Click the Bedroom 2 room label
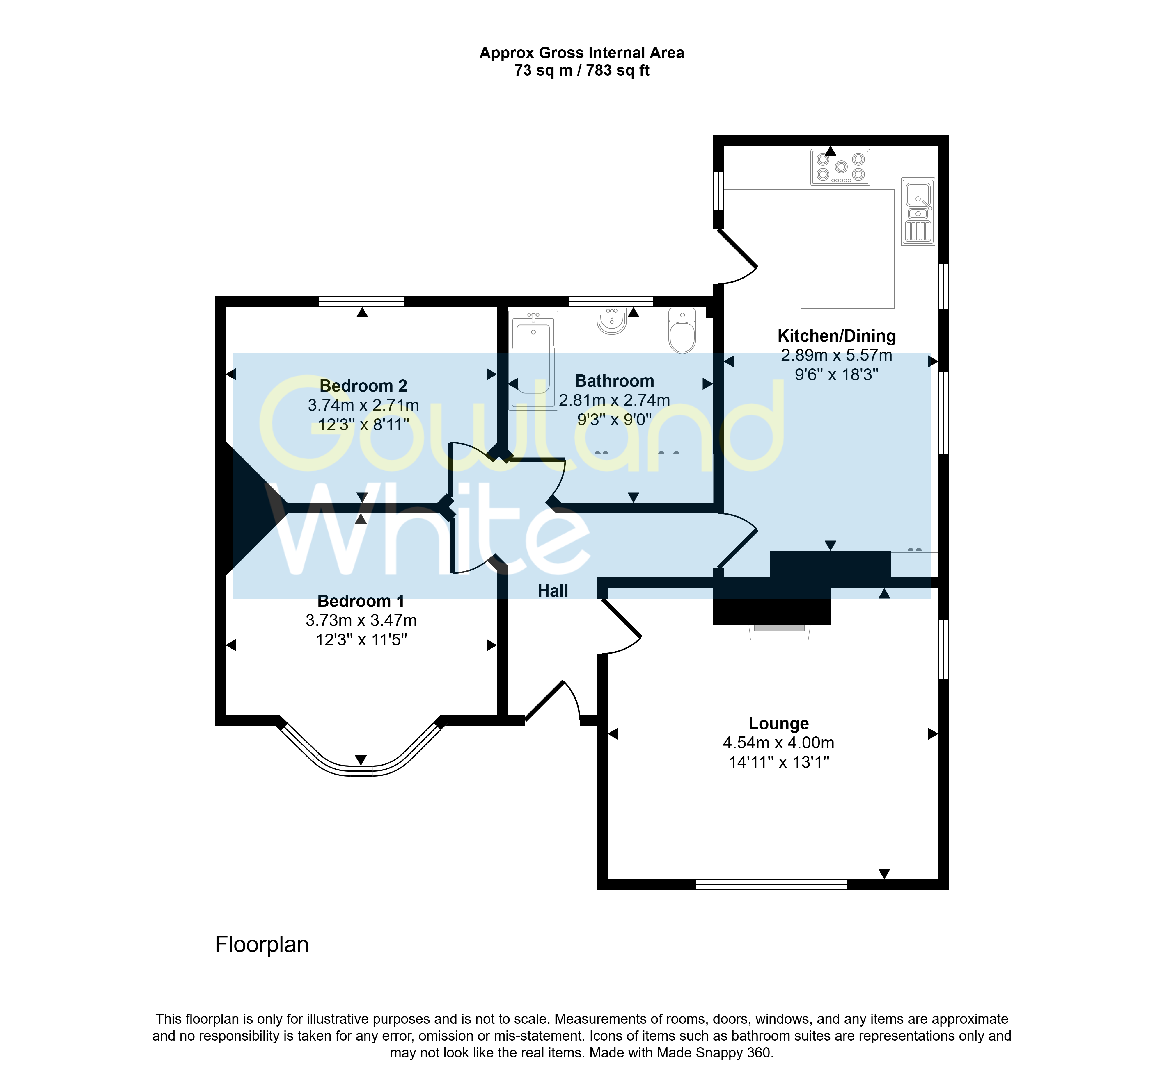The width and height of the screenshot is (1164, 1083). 363,386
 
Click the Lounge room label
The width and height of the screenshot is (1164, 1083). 779,724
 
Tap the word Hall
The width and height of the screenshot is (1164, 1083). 553,591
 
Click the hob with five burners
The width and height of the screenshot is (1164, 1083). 840,167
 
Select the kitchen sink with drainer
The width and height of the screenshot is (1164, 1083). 918,211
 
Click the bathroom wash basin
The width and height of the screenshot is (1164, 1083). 612,321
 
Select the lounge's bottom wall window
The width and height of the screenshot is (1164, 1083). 771,885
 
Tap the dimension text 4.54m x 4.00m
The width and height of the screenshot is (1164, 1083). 779,743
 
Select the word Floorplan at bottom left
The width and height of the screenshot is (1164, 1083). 262,944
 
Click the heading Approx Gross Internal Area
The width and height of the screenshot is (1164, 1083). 582,53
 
